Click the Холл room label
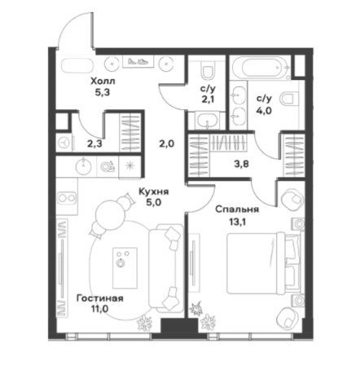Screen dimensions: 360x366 [x=103, y=81]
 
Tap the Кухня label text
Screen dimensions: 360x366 [x=154, y=192]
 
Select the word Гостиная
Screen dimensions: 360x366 [x=100, y=298]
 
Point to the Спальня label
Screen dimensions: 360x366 [x=237, y=209]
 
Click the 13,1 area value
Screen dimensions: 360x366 [x=237, y=223]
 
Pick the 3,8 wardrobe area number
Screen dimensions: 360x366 [x=242, y=164]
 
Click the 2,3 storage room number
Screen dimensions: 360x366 [x=94, y=143]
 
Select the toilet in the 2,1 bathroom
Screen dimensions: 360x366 [x=208, y=69]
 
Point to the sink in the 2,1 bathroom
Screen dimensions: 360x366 [x=208, y=120]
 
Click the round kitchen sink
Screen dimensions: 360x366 [x=83, y=165]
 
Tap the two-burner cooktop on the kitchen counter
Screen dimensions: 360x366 [x=67, y=197]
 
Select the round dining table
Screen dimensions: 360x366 [x=111, y=214]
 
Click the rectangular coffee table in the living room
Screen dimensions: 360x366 [x=125, y=268]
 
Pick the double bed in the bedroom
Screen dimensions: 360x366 [x=263, y=264]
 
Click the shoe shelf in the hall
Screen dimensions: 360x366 [x=138, y=61]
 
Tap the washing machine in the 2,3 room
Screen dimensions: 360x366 [x=64, y=142]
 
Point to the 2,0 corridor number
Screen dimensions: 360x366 [x=167, y=143]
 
